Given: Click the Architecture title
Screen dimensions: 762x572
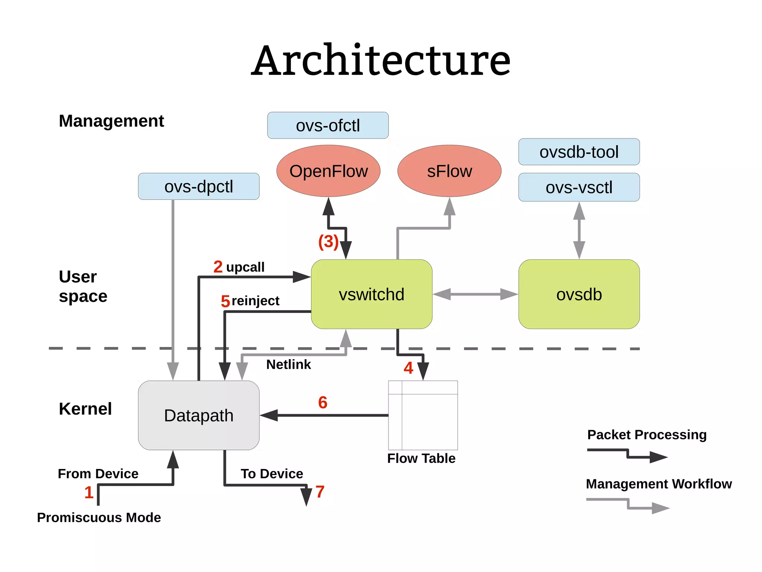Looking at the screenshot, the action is tap(381, 61).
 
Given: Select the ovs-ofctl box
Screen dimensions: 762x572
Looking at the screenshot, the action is tap(328, 125).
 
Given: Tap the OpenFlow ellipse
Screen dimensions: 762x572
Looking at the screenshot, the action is tap(328, 171).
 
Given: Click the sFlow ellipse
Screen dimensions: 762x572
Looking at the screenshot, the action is tap(449, 171).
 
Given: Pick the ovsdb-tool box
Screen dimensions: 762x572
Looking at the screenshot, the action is tap(579, 152).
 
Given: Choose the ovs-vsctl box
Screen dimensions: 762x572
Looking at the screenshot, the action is tap(579, 187).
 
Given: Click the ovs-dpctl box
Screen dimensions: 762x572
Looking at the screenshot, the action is tap(199, 186).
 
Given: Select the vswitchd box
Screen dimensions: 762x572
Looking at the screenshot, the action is tap(371, 294).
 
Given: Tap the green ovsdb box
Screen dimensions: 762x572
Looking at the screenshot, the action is tap(579, 294).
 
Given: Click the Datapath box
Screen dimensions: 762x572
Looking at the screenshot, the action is tap(199, 415).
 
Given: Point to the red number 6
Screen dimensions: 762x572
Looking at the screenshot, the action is tap(323, 402).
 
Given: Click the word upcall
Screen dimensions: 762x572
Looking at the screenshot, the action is tap(245, 267).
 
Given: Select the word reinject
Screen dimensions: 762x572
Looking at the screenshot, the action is tap(255, 301).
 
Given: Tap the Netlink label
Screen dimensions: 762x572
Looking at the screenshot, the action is tap(288, 364).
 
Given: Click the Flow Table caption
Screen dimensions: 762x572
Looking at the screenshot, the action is tap(421, 458).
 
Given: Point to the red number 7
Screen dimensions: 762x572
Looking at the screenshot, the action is tap(320, 492).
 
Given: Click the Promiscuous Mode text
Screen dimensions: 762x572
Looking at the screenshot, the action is tap(99, 517).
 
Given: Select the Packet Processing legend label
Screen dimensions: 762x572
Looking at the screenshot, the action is tap(647, 434).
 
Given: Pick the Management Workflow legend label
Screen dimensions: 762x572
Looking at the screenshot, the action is tap(659, 483).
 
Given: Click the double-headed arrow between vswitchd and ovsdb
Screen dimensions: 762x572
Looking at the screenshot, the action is tap(475, 294).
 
